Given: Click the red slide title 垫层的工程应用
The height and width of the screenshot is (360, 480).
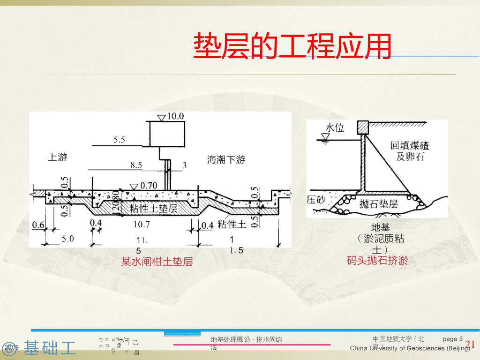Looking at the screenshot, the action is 292,45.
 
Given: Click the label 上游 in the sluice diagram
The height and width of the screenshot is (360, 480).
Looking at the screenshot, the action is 58,157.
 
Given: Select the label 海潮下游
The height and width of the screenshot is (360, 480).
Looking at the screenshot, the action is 226,160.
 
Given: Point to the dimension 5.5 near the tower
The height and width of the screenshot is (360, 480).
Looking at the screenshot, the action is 119,140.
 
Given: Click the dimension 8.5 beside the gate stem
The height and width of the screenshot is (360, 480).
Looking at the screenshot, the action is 136,165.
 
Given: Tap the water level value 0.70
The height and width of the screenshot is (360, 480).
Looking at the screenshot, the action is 149,186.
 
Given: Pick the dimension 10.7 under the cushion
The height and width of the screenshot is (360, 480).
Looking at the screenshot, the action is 141,225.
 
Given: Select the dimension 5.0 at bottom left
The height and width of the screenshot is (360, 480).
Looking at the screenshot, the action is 68,239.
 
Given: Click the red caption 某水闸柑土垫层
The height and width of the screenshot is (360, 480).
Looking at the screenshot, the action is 157,262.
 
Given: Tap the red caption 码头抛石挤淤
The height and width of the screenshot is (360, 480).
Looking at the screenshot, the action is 377,260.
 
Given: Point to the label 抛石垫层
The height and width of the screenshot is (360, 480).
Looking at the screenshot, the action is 378,204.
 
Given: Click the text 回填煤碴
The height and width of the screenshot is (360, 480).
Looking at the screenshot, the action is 410,145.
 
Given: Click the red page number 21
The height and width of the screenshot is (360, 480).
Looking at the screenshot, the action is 470,345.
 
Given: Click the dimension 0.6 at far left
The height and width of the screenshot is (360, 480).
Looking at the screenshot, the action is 38,225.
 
